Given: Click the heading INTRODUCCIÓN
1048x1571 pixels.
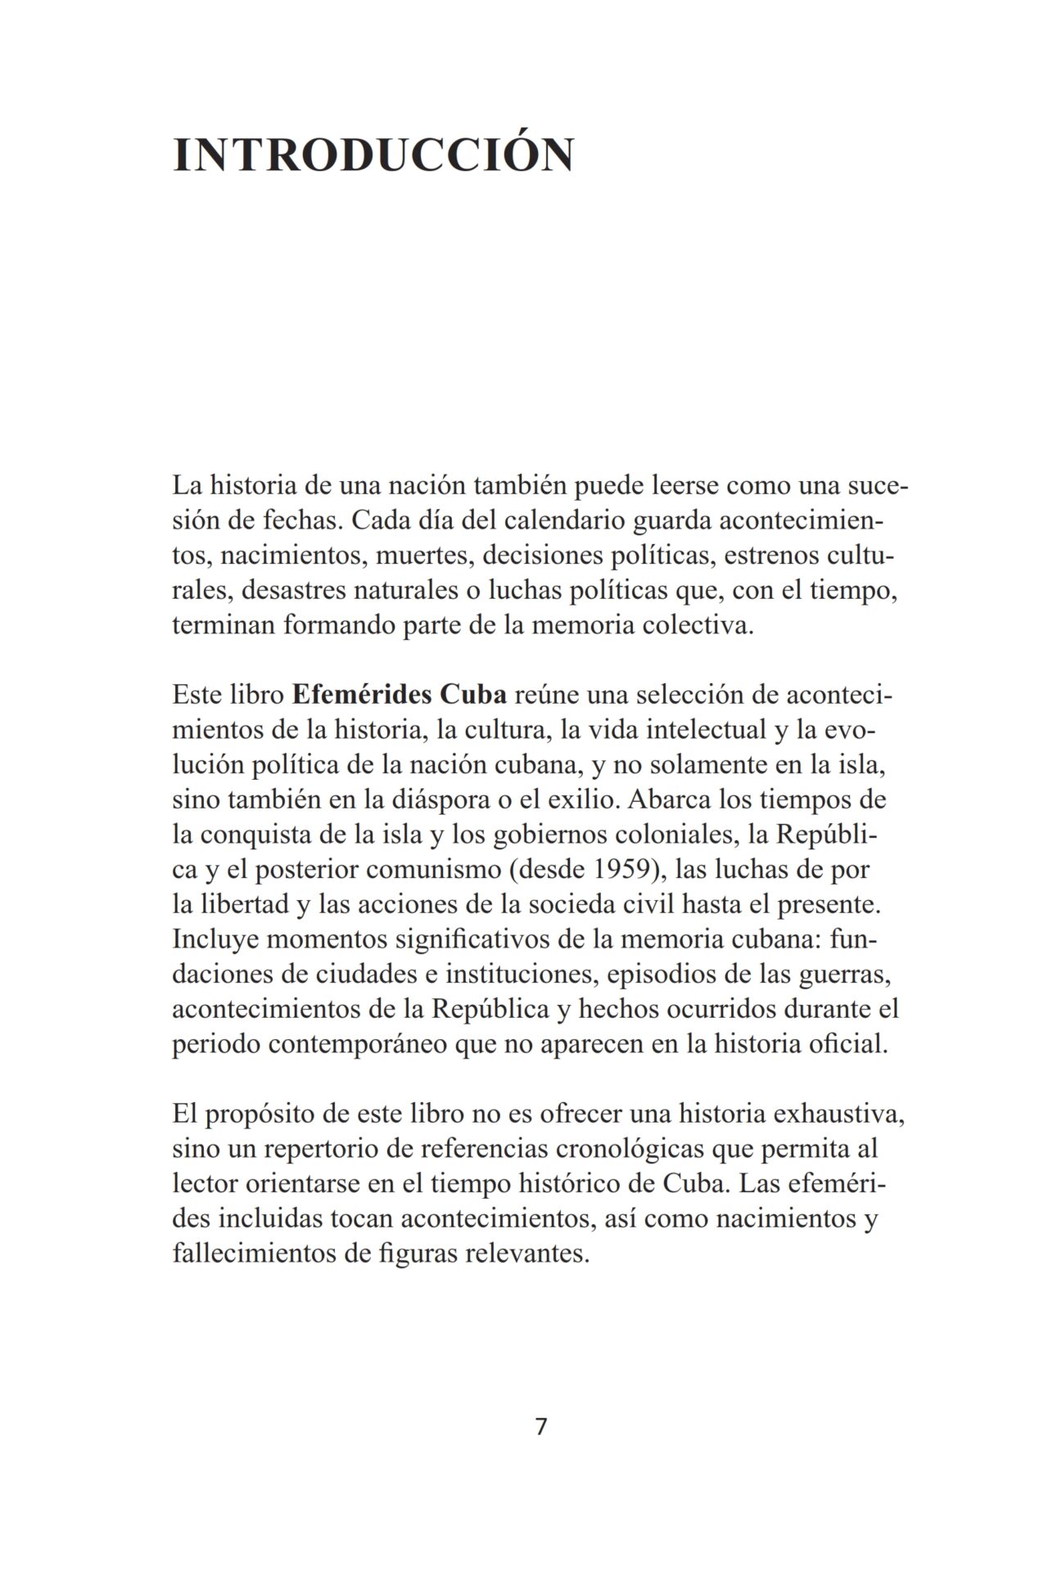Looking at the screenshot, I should point(373,155).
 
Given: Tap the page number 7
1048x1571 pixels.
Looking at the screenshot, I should point(540,1426).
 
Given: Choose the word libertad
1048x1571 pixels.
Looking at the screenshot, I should point(230,904).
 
